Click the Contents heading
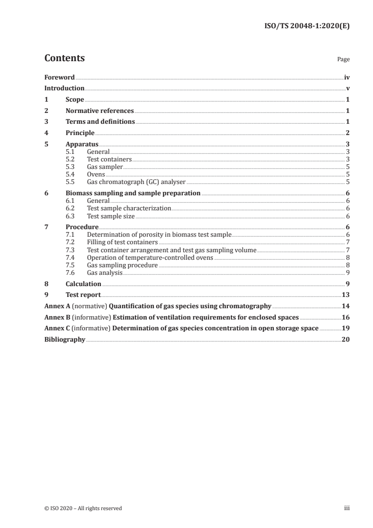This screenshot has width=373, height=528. point(64,58)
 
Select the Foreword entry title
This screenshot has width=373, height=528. point(59,77)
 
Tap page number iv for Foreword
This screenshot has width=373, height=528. point(346,77)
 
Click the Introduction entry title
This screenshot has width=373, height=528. point(64,88)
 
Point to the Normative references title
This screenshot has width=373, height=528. point(100,111)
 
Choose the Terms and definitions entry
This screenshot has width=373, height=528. point(100,122)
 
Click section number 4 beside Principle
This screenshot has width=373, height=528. point(46,133)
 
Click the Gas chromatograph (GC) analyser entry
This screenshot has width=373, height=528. point(136,181)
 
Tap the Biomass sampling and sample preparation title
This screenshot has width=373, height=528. point(133,193)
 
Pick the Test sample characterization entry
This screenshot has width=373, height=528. point(129,208)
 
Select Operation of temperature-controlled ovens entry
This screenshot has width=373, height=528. point(150,257)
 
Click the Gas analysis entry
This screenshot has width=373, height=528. point(104,272)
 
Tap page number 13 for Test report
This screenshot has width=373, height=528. point(346,295)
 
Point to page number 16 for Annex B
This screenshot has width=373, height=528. point(346,317)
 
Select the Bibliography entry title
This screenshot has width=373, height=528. point(64,339)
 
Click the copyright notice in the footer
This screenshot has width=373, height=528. point(83,508)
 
